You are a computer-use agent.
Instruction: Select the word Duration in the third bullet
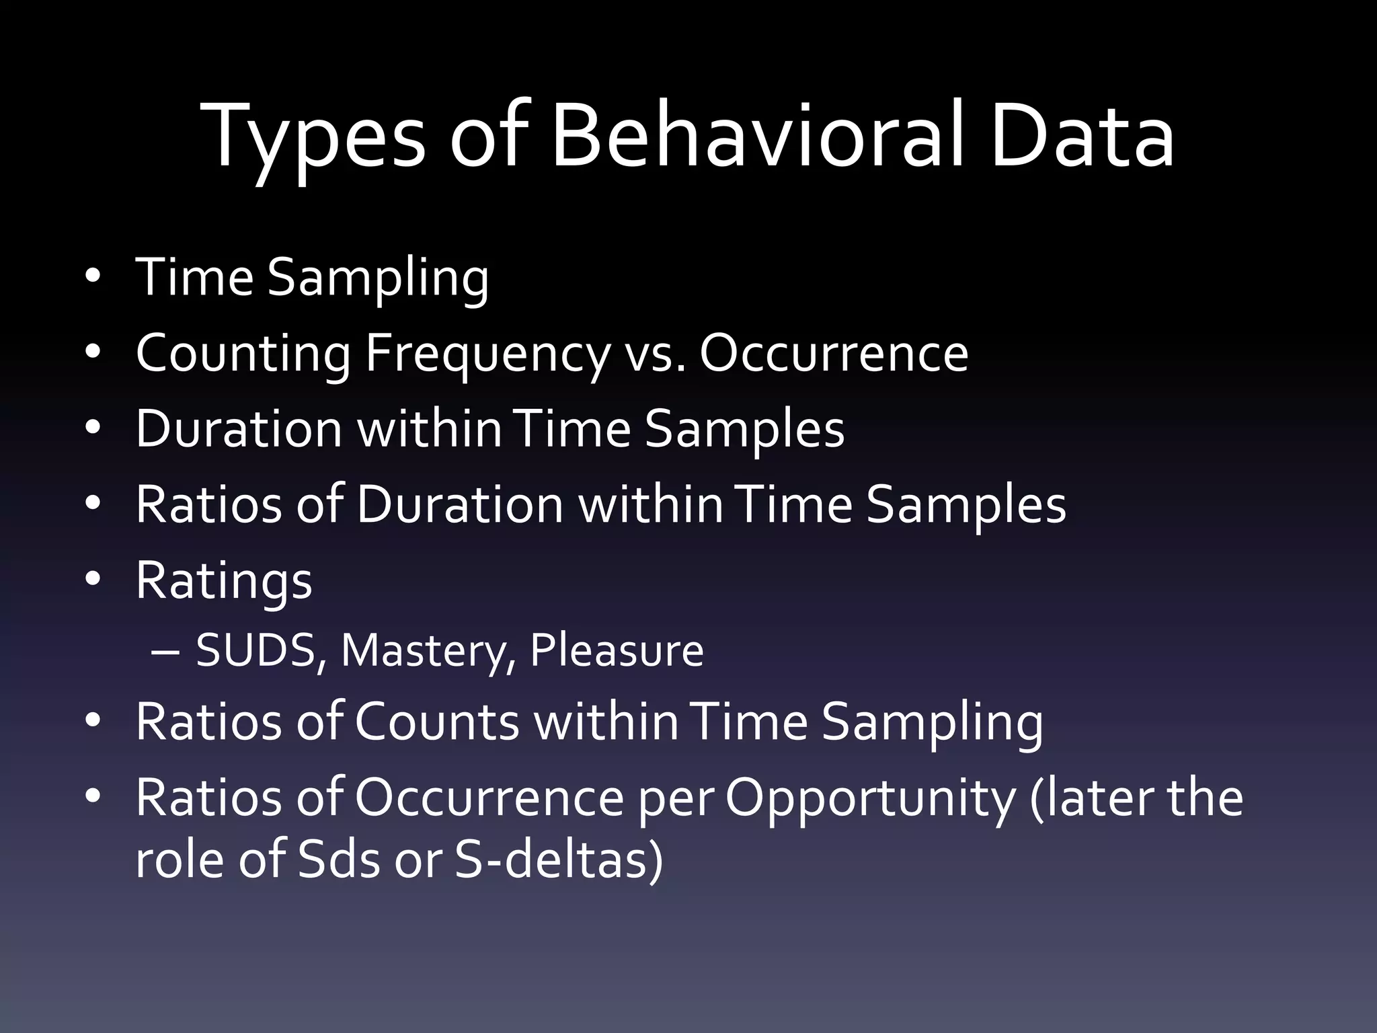[239, 429]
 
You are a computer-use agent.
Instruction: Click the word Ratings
[224, 580]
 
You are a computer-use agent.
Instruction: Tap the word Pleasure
[617, 650]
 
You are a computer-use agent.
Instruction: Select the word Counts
[436, 722]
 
